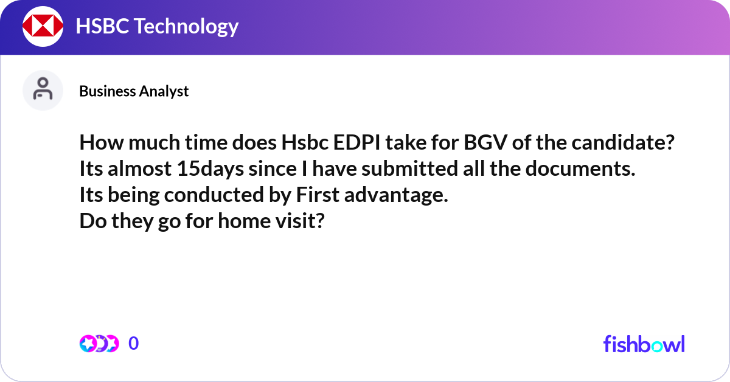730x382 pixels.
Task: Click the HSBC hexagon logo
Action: [x=43, y=26]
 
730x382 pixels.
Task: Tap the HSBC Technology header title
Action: [x=157, y=26]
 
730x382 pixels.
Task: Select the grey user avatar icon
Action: [x=43, y=90]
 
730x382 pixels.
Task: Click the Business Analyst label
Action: [x=134, y=91]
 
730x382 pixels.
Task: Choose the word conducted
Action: [x=215, y=195]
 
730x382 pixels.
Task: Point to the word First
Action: [x=316, y=195]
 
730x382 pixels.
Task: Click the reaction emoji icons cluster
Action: [x=99, y=344]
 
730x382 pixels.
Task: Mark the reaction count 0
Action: [x=134, y=344]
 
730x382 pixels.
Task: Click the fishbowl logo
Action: [x=644, y=344]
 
